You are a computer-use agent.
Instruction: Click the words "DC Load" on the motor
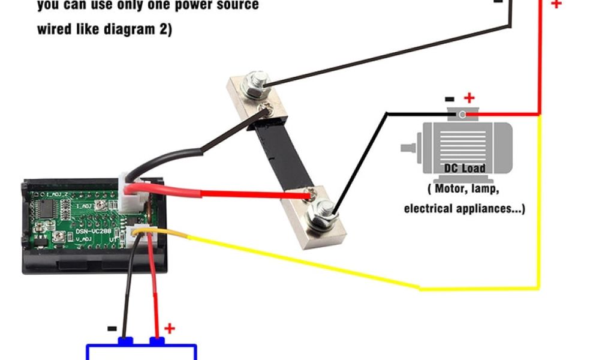[464, 168]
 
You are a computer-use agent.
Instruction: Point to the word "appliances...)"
[492, 209]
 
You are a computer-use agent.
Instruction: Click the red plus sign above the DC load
[469, 97]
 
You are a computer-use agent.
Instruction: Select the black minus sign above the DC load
[449, 98]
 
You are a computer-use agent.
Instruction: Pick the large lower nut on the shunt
[321, 212]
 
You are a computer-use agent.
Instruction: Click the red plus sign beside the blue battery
[170, 328]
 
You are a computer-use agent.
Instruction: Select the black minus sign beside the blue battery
[112, 329]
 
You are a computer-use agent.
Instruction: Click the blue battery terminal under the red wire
[157, 341]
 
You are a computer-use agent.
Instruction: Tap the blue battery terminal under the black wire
[125, 341]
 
